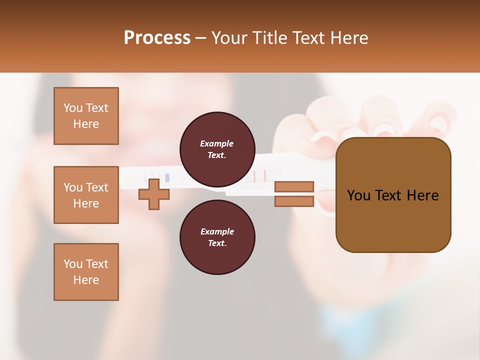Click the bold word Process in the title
pyautogui.click(x=157, y=38)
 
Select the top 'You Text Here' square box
pyautogui.click(x=86, y=116)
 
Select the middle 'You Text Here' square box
pyautogui.click(x=86, y=195)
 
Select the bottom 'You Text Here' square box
pyautogui.click(x=86, y=272)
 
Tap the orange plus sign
pyautogui.click(x=154, y=194)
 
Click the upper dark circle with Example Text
pyautogui.click(x=217, y=149)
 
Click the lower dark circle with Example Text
pyautogui.click(x=217, y=237)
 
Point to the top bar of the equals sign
pyautogui.click(x=294, y=186)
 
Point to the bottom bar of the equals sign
pyautogui.click(x=294, y=201)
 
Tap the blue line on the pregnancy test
pyautogui.click(x=167, y=178)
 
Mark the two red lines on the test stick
pyautogui.click(x=259, y=176)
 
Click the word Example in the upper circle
pyautogui.click(x=216, y=143)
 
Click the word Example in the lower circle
pyautogui.click(x=217, y=231)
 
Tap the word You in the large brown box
pyautogui.click(x=358, y=195)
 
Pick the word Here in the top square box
pyautogui.click(x=86, y=124)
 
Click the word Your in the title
pyautogui.click(x=229, y=38)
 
